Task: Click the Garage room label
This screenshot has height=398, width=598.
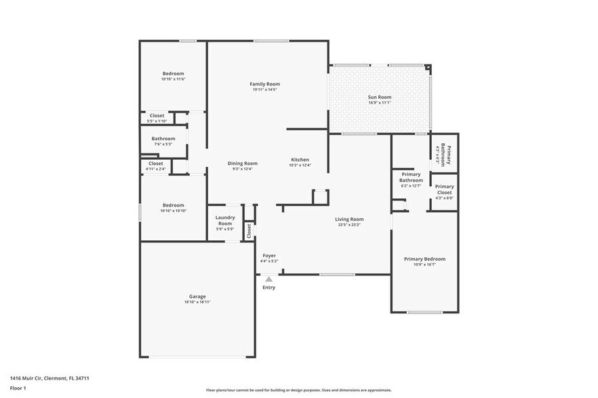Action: (x=197, y=296)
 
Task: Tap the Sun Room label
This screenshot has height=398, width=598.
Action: (x=380, y=97)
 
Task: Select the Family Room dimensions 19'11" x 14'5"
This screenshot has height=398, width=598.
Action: (x=264, y=89)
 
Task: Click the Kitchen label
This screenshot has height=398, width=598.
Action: (x=300, y=159)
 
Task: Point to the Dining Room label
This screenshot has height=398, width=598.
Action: (x=242, y=163)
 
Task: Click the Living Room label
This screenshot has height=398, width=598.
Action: (x=350, y=219)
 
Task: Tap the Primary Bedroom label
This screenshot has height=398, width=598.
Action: (x=424, y=259)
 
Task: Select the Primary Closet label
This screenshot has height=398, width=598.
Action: (x=444, y=190)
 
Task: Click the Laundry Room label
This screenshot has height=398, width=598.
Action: (x=225, y=220)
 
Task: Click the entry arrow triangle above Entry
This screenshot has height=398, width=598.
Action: (x=269, y=278)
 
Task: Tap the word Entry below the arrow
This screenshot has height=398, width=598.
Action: (x=269, y=288)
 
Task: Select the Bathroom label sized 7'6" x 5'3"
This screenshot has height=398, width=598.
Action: (x=163, y=138)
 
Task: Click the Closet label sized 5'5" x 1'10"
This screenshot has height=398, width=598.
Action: (x=157, y=115)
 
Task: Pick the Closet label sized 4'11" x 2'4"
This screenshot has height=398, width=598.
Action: (x=155, y=163)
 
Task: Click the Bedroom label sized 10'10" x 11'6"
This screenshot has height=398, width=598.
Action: (x=173, y=73)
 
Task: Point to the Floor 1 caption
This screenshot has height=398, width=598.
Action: (x=18, y=388)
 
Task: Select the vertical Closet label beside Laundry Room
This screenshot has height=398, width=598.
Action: (x=249, y=231)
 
